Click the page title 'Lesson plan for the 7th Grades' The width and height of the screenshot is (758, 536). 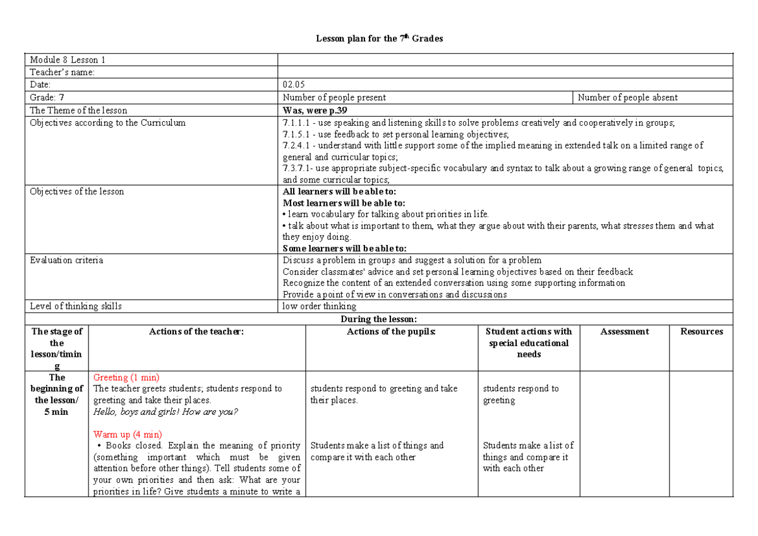[379, 39]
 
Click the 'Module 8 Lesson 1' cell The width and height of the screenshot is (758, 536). [67, 60]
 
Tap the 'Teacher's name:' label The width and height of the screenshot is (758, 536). [62, 72]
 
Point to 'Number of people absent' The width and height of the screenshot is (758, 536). [627, 97]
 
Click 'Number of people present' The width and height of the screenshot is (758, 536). [334, 97]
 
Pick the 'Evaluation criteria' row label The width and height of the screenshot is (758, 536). [66, 260]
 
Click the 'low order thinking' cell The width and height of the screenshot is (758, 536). [320, 306]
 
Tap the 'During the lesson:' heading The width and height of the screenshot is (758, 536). [379, 319]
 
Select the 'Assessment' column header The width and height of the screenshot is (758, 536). [624, 331]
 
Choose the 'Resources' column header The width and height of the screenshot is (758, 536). [701, 331]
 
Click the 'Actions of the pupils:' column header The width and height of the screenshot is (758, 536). [392, 331]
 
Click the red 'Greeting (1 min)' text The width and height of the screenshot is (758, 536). [126, 378]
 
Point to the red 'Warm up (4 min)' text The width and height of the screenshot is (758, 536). [128, 434]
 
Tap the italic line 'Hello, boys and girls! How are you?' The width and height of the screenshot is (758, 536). [165, 412]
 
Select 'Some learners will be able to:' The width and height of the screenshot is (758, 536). [344, 249]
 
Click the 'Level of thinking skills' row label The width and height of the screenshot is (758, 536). [76, 306]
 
